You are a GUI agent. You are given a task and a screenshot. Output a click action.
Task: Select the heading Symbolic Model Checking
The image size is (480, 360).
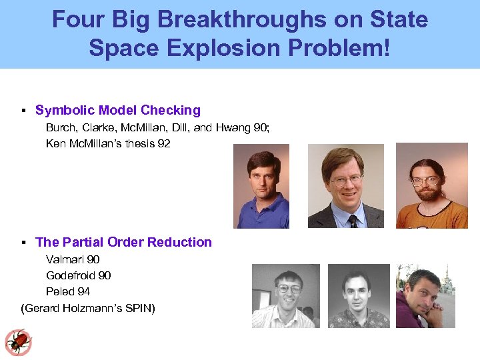point(117,110)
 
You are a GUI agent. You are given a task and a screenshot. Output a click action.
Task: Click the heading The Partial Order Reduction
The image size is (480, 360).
point(123,242)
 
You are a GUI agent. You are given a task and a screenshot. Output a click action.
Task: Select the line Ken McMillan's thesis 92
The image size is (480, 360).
point(108,143)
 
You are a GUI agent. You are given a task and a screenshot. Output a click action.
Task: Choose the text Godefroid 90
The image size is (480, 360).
point(78,275)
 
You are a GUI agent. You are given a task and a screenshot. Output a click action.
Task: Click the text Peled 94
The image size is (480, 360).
point(68,291)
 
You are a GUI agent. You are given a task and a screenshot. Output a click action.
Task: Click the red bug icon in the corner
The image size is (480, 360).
point(18,342)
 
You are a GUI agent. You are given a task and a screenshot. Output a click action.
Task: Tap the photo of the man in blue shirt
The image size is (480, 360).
point(261,186)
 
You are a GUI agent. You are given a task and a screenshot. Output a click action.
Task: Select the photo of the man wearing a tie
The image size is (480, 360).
point(345,186)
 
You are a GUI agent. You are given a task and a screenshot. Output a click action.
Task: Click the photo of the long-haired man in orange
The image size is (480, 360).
point(431,186)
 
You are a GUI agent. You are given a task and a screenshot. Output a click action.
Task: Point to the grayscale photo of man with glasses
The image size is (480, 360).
point(285,295)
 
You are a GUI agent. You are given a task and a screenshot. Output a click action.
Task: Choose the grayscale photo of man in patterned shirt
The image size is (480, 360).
point(359,295)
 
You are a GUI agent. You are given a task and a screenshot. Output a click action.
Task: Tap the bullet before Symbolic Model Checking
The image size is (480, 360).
point(23,111)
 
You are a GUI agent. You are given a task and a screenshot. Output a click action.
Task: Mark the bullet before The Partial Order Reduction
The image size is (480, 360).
point(23,243)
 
